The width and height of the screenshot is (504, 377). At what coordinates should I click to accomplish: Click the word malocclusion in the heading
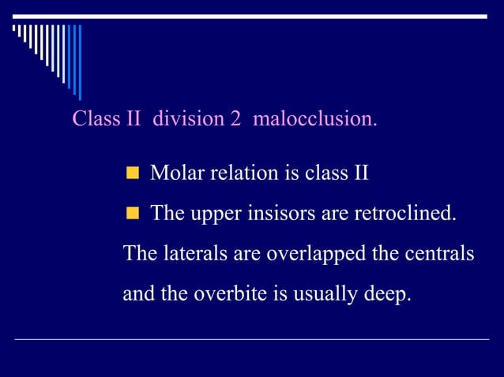314,119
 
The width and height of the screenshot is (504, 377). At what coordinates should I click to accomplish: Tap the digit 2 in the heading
235,119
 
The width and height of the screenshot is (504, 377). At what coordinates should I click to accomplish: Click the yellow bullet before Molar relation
133,173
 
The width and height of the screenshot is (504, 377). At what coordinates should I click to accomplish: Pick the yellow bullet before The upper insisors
133,214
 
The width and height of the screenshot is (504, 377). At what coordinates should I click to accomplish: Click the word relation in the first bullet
242,173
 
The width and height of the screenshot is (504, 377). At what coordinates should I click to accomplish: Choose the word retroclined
410,214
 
